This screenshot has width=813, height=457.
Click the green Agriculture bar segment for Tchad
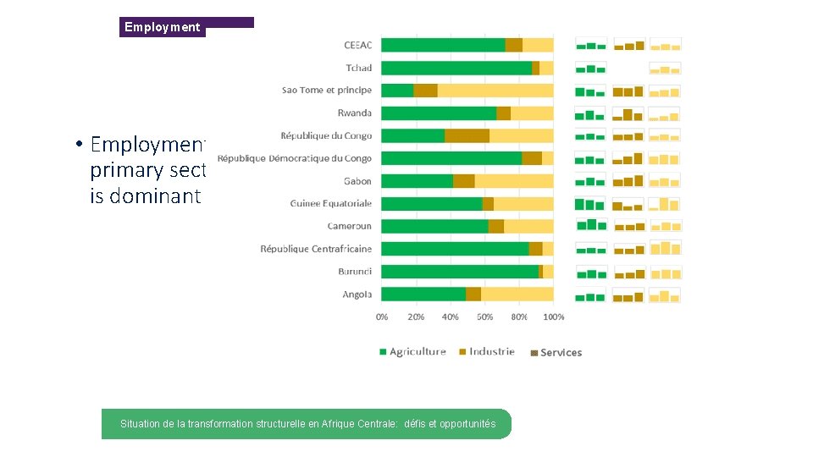pos(456,68)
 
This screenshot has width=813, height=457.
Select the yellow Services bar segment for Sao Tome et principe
pos(495,91)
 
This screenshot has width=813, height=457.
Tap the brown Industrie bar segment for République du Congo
pos(467,135)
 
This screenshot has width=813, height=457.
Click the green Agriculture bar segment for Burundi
pos(460,272)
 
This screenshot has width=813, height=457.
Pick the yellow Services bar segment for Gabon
pos(514,181)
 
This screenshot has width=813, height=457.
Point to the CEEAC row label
pos(357,45)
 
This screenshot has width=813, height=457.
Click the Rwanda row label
pos(354,113)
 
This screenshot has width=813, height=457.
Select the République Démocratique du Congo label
pos(294,158)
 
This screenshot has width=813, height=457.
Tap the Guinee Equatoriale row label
pos(330,204)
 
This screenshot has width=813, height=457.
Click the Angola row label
pos(357,295)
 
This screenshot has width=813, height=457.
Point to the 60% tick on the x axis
pos(485,317)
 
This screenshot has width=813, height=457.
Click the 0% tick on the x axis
pos(382,317)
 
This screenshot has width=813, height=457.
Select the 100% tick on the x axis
pos(553,317)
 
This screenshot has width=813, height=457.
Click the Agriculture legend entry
pos(412,352)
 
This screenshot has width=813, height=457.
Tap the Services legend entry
pos(556,353)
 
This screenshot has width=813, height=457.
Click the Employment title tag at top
pos(163,27)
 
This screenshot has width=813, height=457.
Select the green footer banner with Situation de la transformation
pos(307,424)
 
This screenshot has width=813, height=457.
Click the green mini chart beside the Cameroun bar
pos(591,226)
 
